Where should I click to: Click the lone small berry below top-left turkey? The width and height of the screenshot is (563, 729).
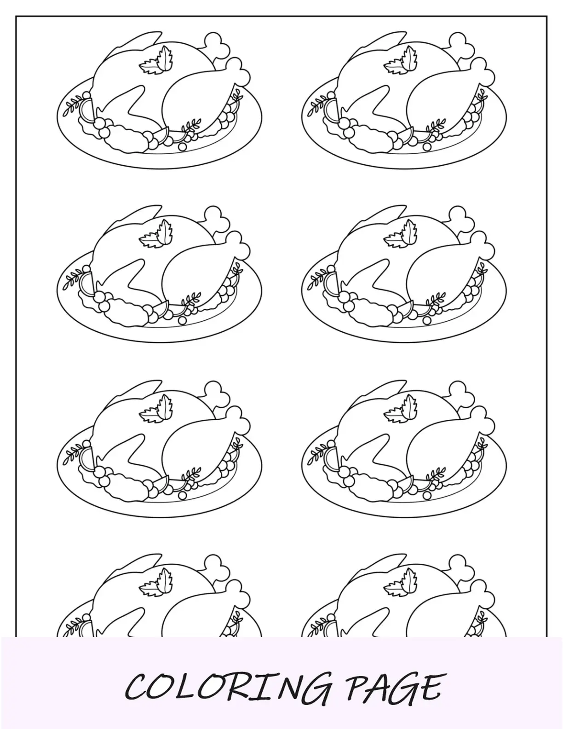(183, 147)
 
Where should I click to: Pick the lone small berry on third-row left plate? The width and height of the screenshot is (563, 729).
(183, 495)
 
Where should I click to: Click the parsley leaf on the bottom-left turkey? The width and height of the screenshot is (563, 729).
(157, 582)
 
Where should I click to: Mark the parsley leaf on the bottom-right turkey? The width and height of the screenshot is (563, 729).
(402, 582)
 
